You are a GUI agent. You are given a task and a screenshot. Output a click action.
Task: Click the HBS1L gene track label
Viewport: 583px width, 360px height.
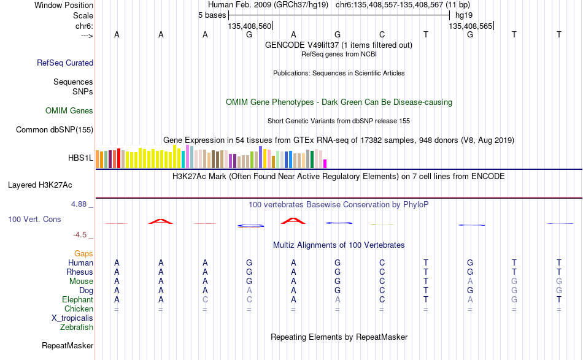coord(80,158)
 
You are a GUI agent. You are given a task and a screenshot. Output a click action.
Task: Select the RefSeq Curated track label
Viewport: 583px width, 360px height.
coord(65,63)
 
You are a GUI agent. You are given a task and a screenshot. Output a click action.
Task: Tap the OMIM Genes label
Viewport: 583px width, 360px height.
coord(69,111)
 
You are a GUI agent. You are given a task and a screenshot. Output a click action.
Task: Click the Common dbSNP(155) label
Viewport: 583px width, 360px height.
coord(55,129)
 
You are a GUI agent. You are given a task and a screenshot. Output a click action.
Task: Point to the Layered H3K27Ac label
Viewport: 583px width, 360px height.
coord(40,185)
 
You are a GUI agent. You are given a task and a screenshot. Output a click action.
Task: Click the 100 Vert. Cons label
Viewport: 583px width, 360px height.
coord(34,219)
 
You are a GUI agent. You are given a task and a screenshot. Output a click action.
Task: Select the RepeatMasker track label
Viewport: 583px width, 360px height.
coord(68,345)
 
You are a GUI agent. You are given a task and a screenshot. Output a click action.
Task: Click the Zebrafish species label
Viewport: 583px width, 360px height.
coord(77,327)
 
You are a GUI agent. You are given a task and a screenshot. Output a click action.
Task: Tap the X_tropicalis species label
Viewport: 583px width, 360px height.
coord(72,318)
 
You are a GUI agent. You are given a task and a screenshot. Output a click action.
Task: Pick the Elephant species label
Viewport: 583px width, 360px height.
coord(78,299)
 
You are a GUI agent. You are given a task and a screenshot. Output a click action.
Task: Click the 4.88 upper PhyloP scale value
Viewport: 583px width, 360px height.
coord(79,204)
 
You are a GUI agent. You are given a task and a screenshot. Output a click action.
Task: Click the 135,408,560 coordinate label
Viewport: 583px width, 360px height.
coord(250,26)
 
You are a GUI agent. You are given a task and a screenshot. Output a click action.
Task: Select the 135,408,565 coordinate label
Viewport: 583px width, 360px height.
coord(470,26)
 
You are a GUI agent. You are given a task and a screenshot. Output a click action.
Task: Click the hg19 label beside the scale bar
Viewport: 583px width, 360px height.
coord(464,15)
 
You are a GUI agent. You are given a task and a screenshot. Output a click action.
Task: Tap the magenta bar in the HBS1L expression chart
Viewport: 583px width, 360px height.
coord(325,164)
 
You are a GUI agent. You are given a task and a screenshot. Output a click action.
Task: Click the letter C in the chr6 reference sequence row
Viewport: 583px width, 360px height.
coord(382,34)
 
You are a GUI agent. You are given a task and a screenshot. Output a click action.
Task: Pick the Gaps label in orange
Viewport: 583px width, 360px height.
coord(83,254)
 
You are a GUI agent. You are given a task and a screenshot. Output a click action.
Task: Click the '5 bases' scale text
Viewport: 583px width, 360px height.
coord(212,15)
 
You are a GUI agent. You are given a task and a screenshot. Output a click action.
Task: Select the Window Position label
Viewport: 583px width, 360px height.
coord(64,5)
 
